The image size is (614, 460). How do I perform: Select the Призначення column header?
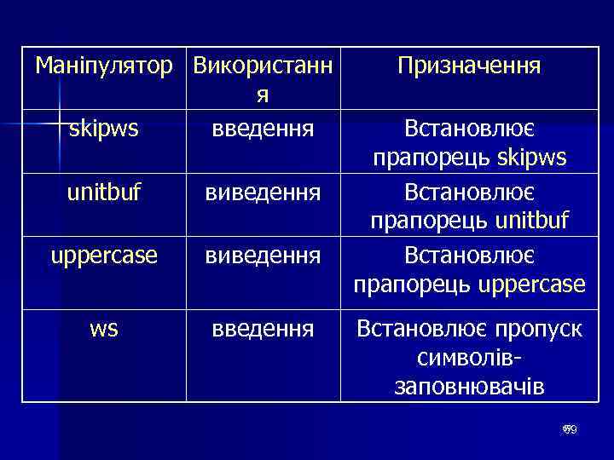click(x=469, y=66)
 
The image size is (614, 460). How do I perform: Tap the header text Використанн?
click(x=263, y=66)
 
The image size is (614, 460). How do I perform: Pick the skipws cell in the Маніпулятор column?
click(x=103, y=129)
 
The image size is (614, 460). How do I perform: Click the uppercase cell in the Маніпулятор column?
click(x=103, y=255)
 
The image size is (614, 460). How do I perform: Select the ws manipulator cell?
click(x=103, y=328)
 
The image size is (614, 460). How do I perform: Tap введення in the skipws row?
click(x=263, y=129)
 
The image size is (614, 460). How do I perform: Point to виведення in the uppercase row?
click(x=263, y=255)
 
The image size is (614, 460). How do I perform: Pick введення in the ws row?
click(x=263, y=328)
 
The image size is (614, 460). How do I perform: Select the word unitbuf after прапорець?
click(x=531, y=222)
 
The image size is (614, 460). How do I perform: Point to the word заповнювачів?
click(x=469, y=388)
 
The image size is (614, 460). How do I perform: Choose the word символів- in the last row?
click(x=469, y=358)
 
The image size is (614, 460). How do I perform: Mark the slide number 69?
click(x=570, y=430)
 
